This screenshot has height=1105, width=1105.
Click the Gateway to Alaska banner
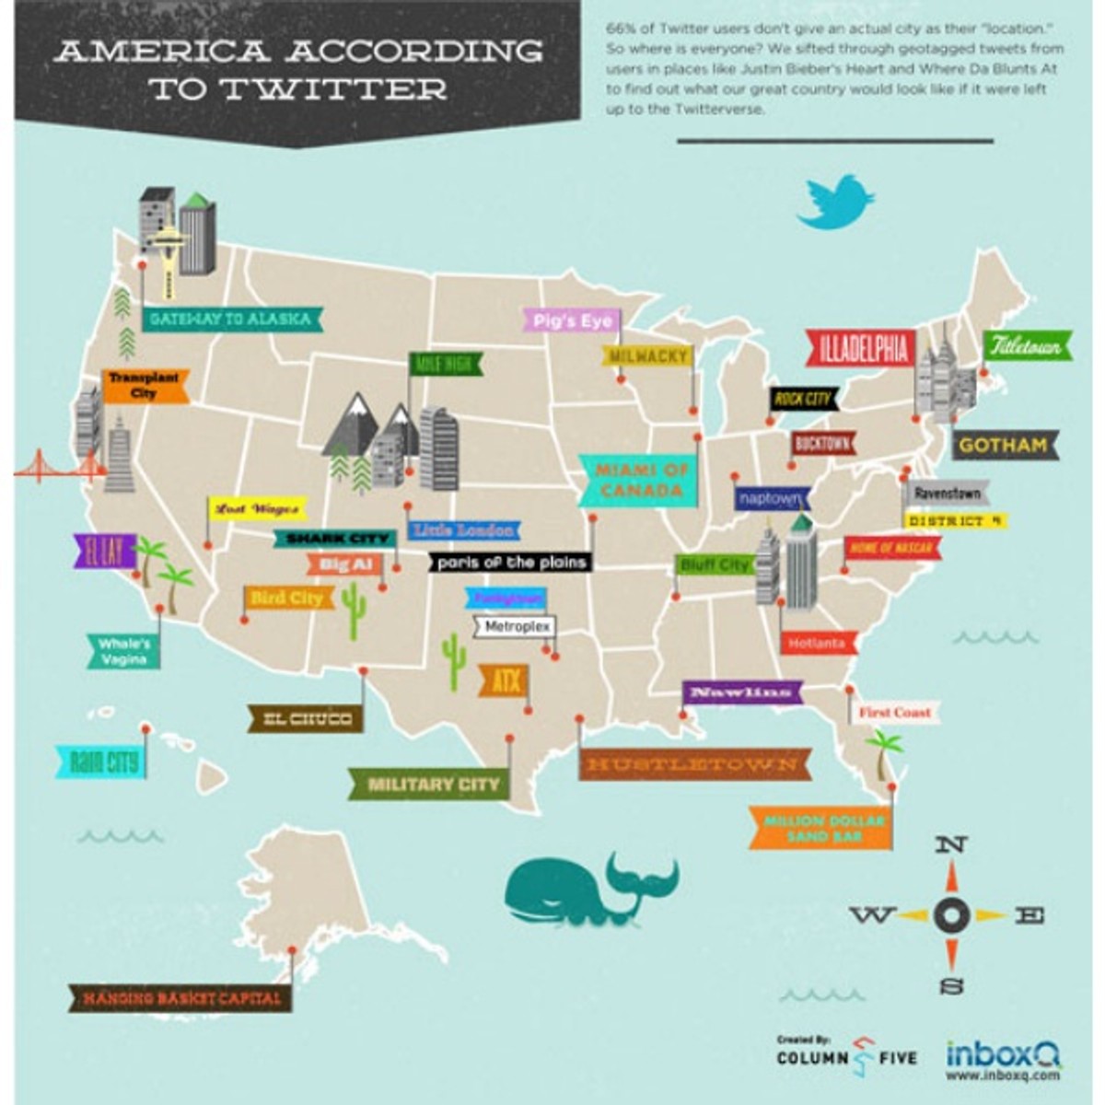(x=230, y=319)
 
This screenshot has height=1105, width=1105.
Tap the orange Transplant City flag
(x=144, y=386)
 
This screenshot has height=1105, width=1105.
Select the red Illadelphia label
(x=860, y=349)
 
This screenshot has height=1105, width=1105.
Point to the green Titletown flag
(x=1027, y=346)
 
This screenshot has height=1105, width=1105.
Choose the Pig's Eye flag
(x=571, y=320)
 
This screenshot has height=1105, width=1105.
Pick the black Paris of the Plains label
(x=511, y=562)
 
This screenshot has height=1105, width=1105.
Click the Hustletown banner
(x=694, y=764)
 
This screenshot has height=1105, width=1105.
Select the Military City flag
(x=431, y=785)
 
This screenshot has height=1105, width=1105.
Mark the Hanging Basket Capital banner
(x=180, y=998)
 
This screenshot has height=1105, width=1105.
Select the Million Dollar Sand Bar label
(x=820, y=828)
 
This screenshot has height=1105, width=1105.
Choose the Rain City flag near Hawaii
(x=102, y=762)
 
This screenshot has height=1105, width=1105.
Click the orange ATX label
(x=504, y=682)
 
